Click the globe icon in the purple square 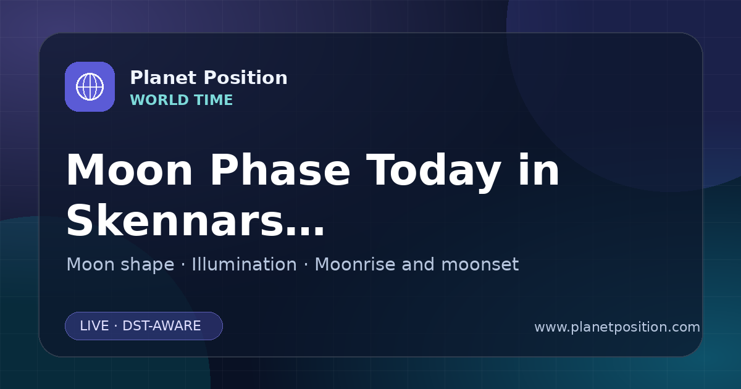coord(90,86)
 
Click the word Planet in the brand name coord(164,78)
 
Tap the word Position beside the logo coord(246,78)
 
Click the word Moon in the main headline coord(129,170)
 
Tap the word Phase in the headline coord(280,170)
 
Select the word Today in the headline coord(433,172)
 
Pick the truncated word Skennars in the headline coord(175,220)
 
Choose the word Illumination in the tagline coord(244,264)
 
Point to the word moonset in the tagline coord(480,265)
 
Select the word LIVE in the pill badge coord(94,326)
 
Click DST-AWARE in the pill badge coord(161,326)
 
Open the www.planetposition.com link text coord(617,327)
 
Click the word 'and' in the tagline coord(418,264)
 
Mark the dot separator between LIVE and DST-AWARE coord(115,326)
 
